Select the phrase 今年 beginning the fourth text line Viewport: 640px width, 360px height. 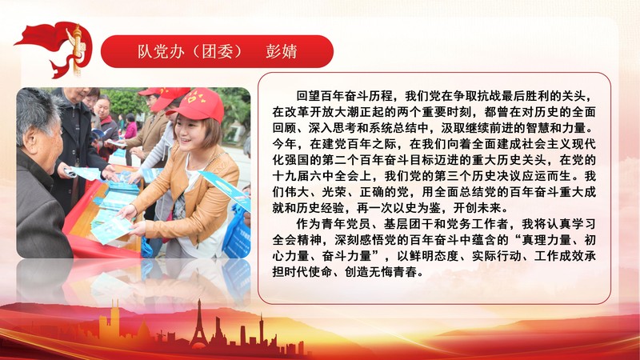coord(284,143)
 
